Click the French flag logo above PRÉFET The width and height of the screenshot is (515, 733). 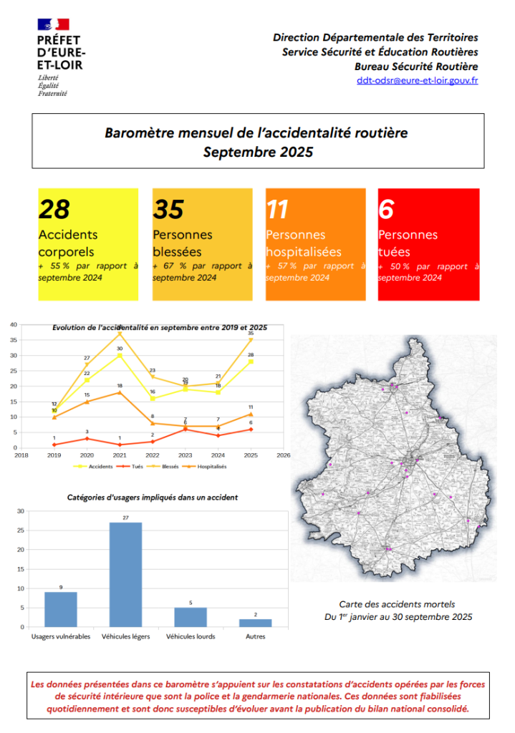coord(54,24)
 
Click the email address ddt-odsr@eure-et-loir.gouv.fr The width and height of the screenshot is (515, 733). coord(417,80)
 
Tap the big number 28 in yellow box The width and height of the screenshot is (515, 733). coord(54,209)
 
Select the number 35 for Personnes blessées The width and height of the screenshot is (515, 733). coord(168,209)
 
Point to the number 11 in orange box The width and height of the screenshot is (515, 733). coord(277,209)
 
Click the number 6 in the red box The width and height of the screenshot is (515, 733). coord(386,209)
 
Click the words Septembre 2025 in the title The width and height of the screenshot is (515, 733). coord(257,152)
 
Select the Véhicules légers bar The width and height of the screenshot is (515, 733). coord(125,574)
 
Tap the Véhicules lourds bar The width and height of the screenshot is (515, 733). coord(191,617)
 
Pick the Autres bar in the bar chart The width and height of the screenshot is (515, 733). coord(255,623)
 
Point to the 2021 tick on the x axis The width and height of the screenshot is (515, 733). coord(120,454)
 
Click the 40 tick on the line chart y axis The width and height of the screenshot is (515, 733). coord(13,324)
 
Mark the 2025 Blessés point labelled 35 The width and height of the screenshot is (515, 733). coord(251,340)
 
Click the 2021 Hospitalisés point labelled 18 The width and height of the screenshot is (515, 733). coord(120,392)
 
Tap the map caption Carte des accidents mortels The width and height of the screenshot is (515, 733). coord(398,604)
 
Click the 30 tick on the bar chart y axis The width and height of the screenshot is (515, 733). coord(20,511)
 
